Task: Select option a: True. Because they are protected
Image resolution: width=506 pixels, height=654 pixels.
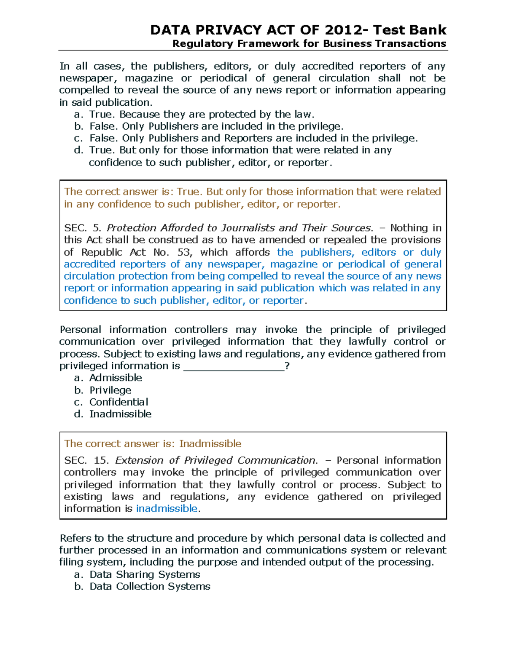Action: [202, 114]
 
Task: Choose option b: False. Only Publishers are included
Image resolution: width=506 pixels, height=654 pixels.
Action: [216, 126]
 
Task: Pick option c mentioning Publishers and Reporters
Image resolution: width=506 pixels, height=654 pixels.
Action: [253, 138]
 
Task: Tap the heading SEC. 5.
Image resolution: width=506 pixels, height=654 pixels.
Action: [83, 228]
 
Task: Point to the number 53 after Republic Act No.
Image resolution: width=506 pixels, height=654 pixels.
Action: [184, 252]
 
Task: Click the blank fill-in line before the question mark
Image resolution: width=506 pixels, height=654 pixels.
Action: [234, 366]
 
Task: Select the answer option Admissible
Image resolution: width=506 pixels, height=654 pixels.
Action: [116, 378]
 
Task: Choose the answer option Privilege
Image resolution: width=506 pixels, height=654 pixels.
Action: [110, 390]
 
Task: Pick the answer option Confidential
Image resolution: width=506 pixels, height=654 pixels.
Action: [118, 402]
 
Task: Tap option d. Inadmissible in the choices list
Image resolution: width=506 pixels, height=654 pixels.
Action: [120, 414]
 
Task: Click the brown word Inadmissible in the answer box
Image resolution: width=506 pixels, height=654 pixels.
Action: [210, 444]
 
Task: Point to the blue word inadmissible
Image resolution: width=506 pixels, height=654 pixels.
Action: [167, 509]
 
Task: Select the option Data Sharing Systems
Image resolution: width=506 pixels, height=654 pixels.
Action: [145, 574]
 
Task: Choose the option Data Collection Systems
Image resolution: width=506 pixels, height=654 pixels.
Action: [150, 587]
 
